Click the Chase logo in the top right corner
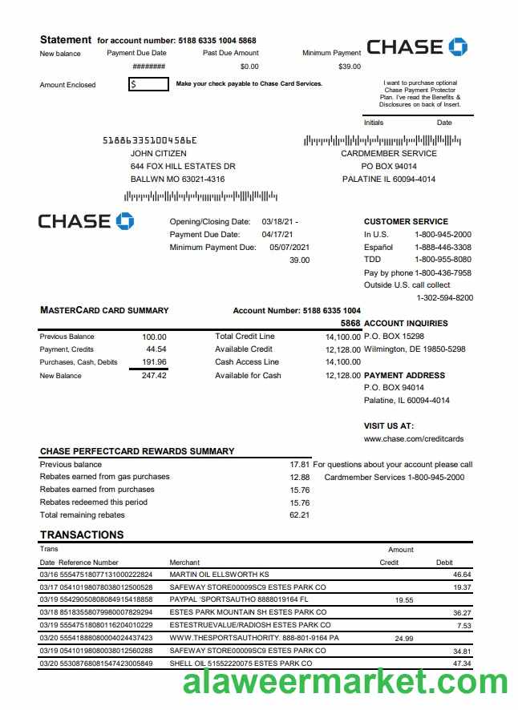point(416,46)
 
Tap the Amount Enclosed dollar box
point(148,83)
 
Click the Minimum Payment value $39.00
point(350,67)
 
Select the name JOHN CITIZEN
point(158,153)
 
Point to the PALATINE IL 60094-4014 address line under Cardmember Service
point(388,179)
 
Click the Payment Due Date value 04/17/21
point(277,234)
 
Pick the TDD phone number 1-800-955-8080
point(443,260)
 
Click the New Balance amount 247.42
point(154,375)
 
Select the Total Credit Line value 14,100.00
point(342,337)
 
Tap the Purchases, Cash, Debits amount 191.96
point(154,362)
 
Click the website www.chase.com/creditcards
point(414,438)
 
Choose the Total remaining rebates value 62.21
point(299,514)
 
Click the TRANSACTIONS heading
point(82,535)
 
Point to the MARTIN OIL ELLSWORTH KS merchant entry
point(219,575)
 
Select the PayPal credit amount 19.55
point(404,599)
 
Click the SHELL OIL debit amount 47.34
point(462,664)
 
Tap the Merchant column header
point(184,563)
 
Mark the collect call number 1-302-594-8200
point(444,297)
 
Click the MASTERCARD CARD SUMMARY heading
point(104,310)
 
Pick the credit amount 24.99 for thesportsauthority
point(404,638)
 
